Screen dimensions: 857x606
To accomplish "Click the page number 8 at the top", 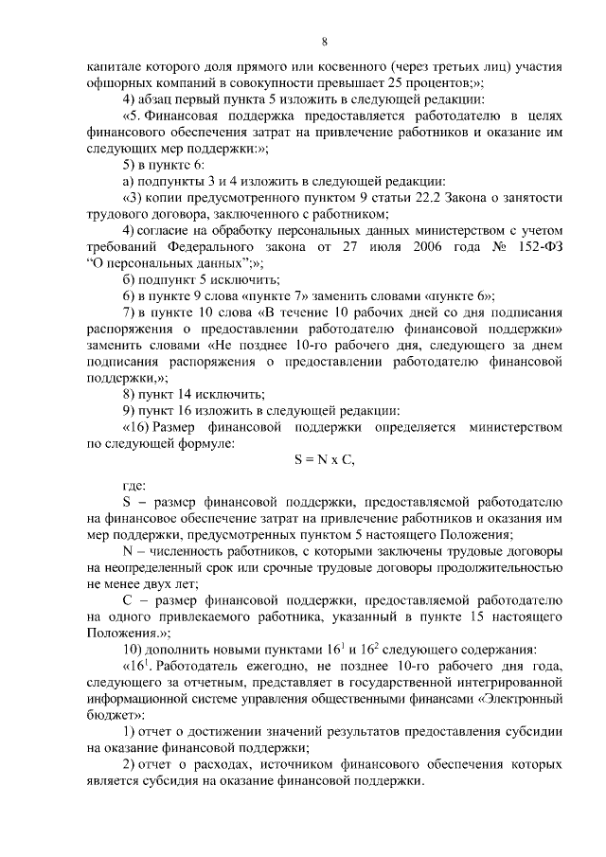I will tap(324, 42).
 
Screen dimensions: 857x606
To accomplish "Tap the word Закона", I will tap(482, 196).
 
